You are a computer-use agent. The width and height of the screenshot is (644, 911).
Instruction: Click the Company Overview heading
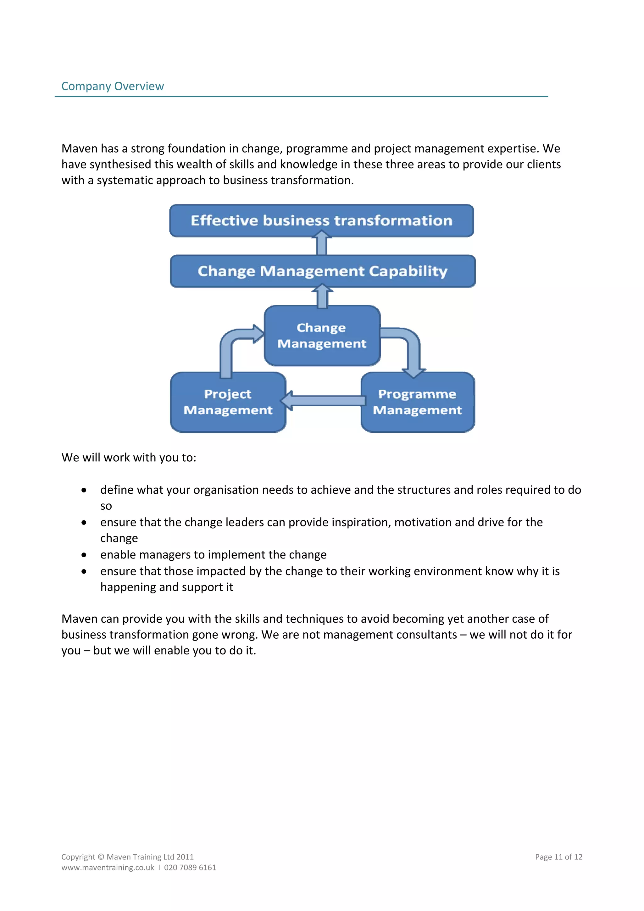click(x=112, y=86)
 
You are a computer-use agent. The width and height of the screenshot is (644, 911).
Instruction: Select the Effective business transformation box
click(x=321, y=221)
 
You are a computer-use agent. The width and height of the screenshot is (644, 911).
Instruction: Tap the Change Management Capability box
click(x=322, y=271)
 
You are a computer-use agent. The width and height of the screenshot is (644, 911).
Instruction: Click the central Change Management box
click(x=322, y=336)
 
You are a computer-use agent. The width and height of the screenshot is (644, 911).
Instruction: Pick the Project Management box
click(x=228, y=402)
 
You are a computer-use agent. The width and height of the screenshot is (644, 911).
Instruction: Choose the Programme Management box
click(x=417, y=402)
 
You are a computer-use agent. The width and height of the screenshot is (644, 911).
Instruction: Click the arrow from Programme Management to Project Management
click(x=323, y=400)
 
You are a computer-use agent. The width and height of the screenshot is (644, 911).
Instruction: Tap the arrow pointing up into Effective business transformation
click(x=321, y=244)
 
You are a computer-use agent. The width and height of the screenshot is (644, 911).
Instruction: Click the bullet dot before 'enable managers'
click(x=84, y=555)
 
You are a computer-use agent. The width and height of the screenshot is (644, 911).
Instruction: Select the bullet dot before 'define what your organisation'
click(x=84, y=491)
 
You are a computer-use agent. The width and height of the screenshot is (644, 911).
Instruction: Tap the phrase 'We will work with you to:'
click(x=129, y=458)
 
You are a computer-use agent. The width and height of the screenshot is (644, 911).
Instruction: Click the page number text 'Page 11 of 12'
click(x=558, y=857)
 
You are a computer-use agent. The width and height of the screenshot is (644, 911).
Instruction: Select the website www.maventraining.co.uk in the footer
click(x=108, y=867)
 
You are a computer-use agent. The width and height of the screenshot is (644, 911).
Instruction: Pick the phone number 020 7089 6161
click(x=190, y=867)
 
